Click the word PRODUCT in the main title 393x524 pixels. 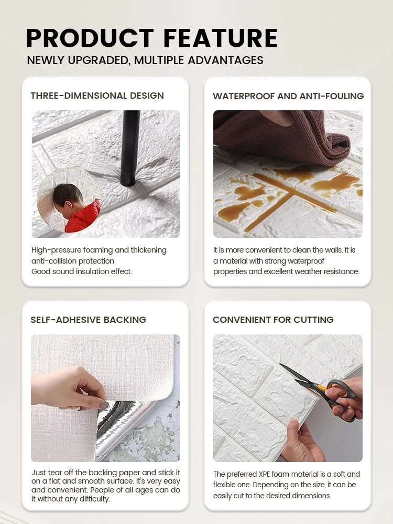(90, 38)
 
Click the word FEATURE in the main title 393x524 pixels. (221, 38)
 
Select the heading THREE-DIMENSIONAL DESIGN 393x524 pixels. (97, 96)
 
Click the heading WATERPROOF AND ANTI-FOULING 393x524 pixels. (288, 96)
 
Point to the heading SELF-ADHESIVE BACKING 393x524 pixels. (89, 320)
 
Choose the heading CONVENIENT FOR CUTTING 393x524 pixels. (273, 320)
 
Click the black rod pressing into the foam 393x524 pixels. (130, 147)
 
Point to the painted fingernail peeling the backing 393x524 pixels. (104, 405)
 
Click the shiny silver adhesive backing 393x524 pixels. (124, 428)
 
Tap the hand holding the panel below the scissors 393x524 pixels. (300, 442)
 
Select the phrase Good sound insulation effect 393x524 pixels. (82, 271)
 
